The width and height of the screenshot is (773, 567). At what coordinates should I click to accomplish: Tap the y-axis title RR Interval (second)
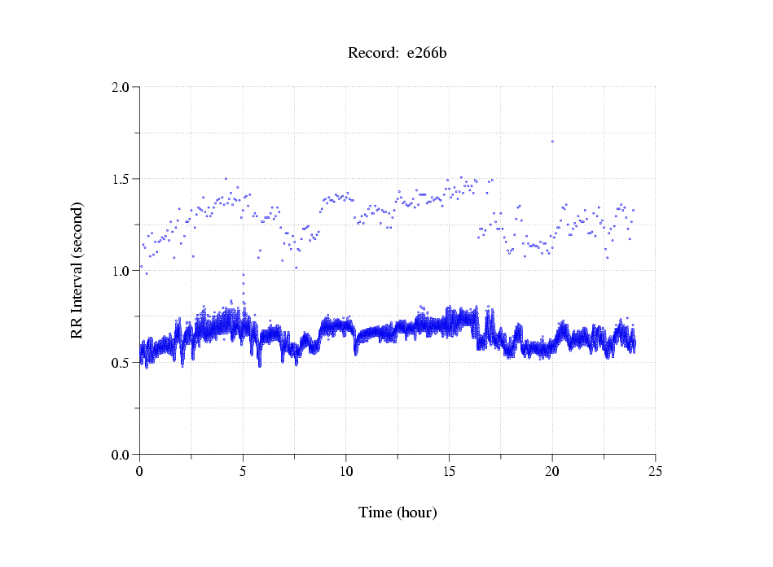click(x=77, y=270)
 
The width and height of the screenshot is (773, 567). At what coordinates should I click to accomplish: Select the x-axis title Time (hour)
click(x=397, y=512)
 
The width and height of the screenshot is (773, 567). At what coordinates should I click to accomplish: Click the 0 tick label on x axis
click(x=140, y=470)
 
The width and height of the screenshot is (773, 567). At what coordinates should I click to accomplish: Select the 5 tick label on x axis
click(x=243, y=470)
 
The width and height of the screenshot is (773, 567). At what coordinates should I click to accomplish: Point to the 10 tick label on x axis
click(x=345, y=470)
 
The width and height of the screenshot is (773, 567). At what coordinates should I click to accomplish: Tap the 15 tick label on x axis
click(x=449, y=470)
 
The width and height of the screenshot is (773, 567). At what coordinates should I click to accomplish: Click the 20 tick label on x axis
click(x=552, y=470)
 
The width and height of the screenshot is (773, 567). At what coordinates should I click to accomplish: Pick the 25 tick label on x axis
click(x=655, y=470)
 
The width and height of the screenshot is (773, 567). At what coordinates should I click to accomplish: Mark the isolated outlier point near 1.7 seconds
click(x=552, y=142)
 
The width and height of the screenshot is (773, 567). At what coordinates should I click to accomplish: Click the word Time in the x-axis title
click(x=376, y=512)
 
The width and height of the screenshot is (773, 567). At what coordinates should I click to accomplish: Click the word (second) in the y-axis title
click(x=77, y=230)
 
